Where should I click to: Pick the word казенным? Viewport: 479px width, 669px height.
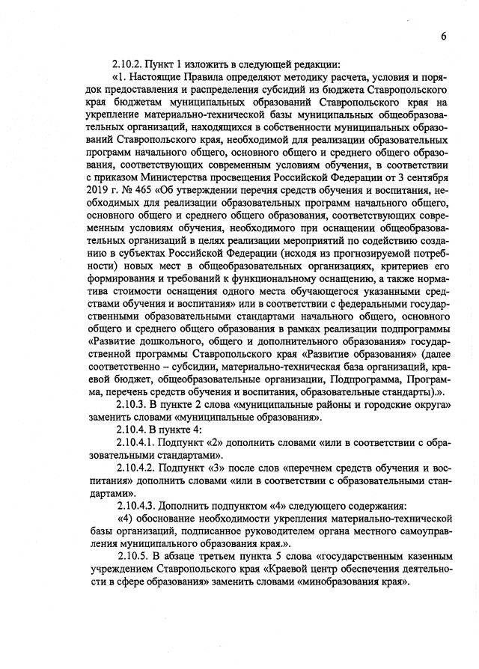coord(424,557)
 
